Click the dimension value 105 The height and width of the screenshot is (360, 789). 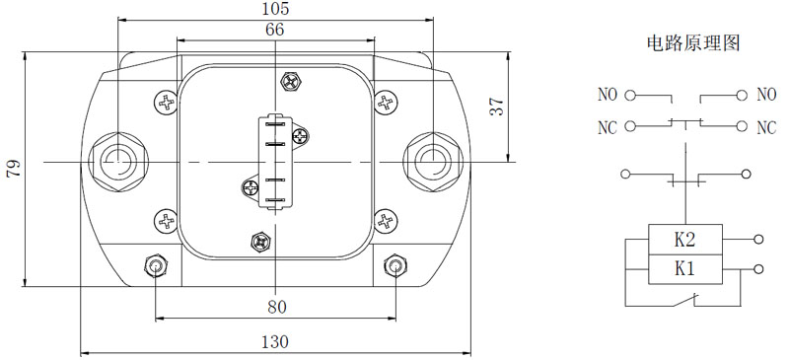(x=276, y=9)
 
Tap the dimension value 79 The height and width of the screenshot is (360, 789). (x=13, y=169)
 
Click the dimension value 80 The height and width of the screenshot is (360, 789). (x=276, y=307)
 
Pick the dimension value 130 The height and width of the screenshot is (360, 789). (x=276, y=341)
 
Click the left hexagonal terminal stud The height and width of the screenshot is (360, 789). (x=117, y=161)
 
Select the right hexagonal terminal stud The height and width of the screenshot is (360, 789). (x=434, y=161)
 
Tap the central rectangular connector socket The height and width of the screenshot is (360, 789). (x=273, y=161)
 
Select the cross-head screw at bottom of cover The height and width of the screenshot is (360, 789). (x=260, y=240)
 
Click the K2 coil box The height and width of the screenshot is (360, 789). (x=684, y=239)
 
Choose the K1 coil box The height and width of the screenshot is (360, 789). (x=684, y=267)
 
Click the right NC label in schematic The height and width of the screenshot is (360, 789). (x=766, y=127)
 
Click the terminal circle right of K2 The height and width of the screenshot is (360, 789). (x=757, y=239)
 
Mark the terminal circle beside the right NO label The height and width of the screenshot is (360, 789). (x=739, y=96)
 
